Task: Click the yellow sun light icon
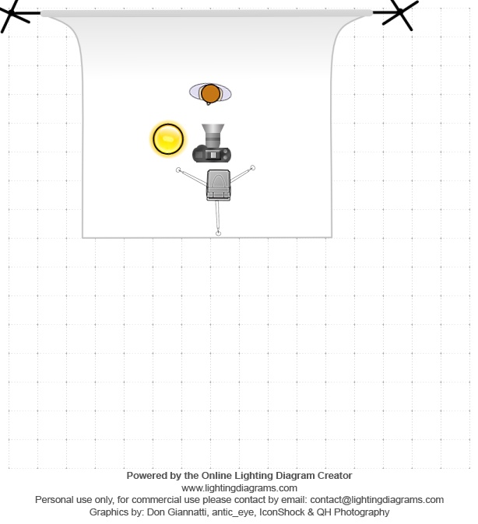[167, 139]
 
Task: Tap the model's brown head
[210, 94]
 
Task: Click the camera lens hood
[213, 130]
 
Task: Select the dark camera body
[212, 153]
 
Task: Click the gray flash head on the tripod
[219, 183]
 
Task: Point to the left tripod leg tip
[179, 169]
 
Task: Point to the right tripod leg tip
[253, 167]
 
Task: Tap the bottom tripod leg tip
[219, 232]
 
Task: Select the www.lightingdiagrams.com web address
[239, 487]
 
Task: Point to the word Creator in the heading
[332, 475]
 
